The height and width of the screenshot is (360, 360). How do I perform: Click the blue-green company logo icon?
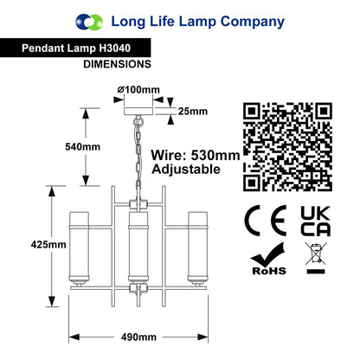click(x=89, y=22)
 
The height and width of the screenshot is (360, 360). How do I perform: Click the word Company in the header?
click(x=253, y=22)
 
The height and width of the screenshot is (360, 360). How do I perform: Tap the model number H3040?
click(x=114, y=48)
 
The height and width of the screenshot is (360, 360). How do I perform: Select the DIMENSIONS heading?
click(x=117, y=64)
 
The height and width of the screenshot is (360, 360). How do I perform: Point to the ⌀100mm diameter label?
click(x=138, y=90)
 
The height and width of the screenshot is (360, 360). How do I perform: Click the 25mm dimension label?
click(x=193, y=111)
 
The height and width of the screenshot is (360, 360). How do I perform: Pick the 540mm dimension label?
click(x=82, y=147)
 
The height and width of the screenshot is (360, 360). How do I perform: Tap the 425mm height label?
click(x=48, y=245)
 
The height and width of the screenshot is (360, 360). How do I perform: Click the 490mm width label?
click(x=138, y=337)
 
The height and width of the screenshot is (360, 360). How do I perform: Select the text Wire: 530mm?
click(x=196, y=156)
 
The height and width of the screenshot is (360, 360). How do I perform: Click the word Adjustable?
click(x=186, y=169)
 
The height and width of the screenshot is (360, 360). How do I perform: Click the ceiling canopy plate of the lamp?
click(x=138, y=112)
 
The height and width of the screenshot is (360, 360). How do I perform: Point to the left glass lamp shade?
click(x=79, y=249)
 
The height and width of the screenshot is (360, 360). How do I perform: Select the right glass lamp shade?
click(x=198, y=249)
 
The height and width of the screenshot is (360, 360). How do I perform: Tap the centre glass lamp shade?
click(x=138, y=248)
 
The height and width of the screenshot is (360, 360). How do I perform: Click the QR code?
click(x=287, y=147)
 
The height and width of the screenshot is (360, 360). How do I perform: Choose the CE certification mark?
click(x=266, y=221)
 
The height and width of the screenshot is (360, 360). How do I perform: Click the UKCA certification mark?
click(x=316, y=221)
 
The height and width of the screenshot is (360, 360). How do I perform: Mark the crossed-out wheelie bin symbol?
click(x=316, y=258)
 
